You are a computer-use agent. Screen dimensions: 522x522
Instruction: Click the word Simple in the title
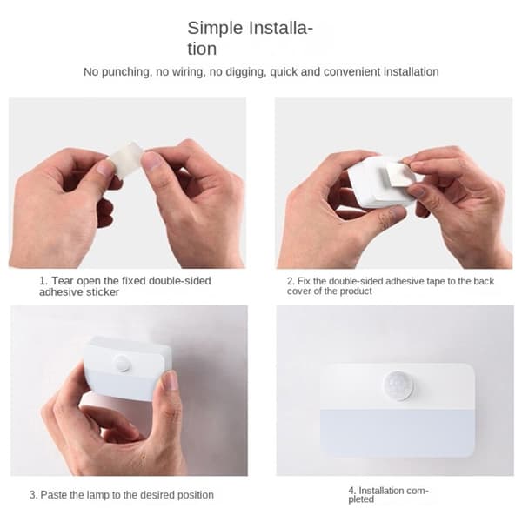tap(215, 29)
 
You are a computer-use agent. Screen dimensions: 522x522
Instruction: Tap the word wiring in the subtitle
tap(187, 72)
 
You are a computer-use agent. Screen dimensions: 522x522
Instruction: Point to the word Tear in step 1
tap(63, 281)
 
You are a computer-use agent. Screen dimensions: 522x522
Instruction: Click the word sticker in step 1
tap(103, 292)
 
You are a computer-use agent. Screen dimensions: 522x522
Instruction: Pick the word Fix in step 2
tap(304, 281)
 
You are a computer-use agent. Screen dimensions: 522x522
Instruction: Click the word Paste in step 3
tap(52, 495)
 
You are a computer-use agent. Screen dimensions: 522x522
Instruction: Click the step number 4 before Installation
tap(351, 491)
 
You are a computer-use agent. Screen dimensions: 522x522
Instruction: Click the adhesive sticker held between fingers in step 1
tap(126, 158)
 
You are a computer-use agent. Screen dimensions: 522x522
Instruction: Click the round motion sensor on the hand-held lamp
tap(122, 363)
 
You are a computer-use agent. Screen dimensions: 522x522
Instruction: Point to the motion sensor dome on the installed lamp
tap(398, 385)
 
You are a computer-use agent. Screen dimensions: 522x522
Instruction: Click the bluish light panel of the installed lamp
tap(398, 432)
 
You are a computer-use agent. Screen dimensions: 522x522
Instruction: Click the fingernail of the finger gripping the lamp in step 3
tap(171, 381)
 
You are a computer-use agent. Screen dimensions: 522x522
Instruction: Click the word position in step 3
tap(196, 495)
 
